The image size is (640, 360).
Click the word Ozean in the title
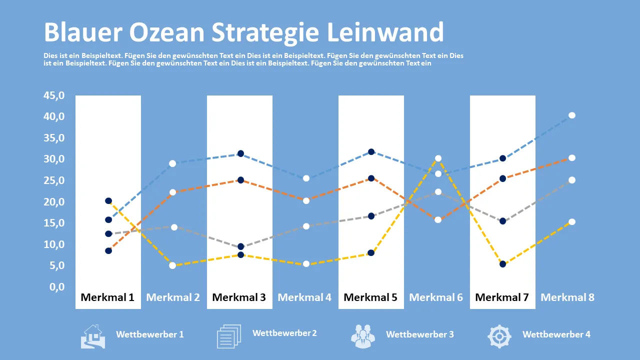pyautogui.click(x=167, y=32)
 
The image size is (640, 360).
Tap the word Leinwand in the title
pyautogui.click(x=385, y=32)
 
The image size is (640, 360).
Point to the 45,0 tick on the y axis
pyautogui.click(x=54, y=95)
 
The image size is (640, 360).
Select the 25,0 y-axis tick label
pyautogui.click(x=54, y=180)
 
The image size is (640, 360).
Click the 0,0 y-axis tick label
pyautogui.click(x=57, y=286)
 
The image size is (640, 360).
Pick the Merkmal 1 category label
pyautogui.click(x=107, y=297)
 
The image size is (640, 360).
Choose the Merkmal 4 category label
pyautogui.click(x=304, y=297)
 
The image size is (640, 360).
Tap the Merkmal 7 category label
pyautogui.click(x=502, y=297)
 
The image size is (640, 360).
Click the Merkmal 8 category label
pyautogui.click(x=567, y=297)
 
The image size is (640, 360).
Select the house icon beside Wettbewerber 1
pyautogui.click(x=93, y=336)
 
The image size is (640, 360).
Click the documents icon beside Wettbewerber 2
pyautogui.click(x=229, y=336)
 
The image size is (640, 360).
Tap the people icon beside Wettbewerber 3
pyautogui.click(x=363, y=336)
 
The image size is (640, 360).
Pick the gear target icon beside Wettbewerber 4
pyautogui.click(x=499, y=336)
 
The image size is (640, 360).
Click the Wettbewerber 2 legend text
pyautogui.click(x=284, y=333)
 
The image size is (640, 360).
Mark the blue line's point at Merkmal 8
pyautogui.click(x=572, y=115)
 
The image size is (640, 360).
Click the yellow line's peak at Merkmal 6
pyautogui.click(x=438, y=158)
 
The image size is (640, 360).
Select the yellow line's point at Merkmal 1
pyautogui.click(x=108, y=201)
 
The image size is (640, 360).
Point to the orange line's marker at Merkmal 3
pyautogui.click(x=241, y=180)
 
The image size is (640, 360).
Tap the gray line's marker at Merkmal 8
pyautogui.click(x=572, y=180)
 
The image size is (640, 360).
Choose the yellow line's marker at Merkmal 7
pyautogui.click(x=503, y=264)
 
